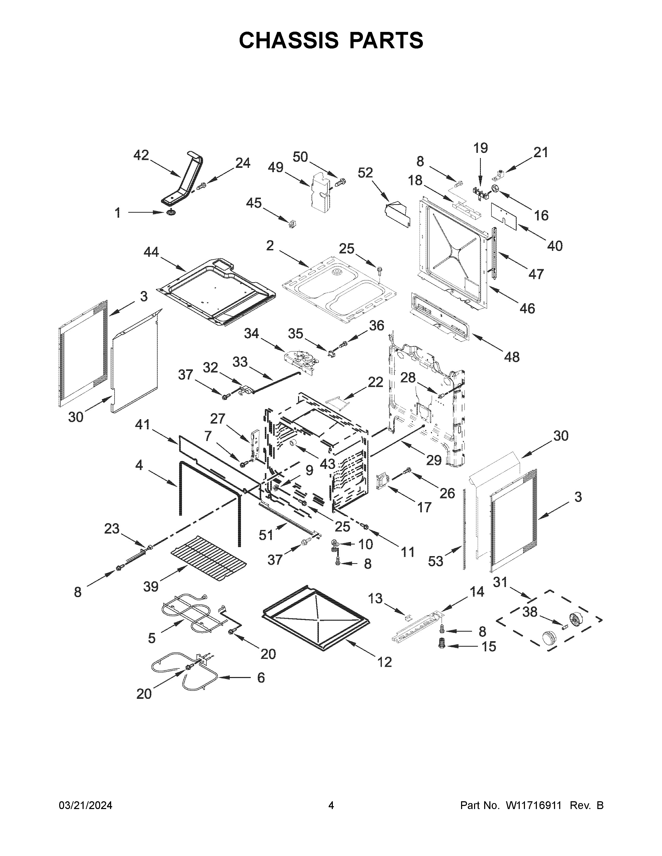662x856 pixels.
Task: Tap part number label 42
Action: point(141,156)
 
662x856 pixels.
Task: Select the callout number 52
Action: point(365,173)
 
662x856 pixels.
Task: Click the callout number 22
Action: point(375,382)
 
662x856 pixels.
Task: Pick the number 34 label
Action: point(251,334)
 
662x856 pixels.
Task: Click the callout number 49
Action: point(276,167)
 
